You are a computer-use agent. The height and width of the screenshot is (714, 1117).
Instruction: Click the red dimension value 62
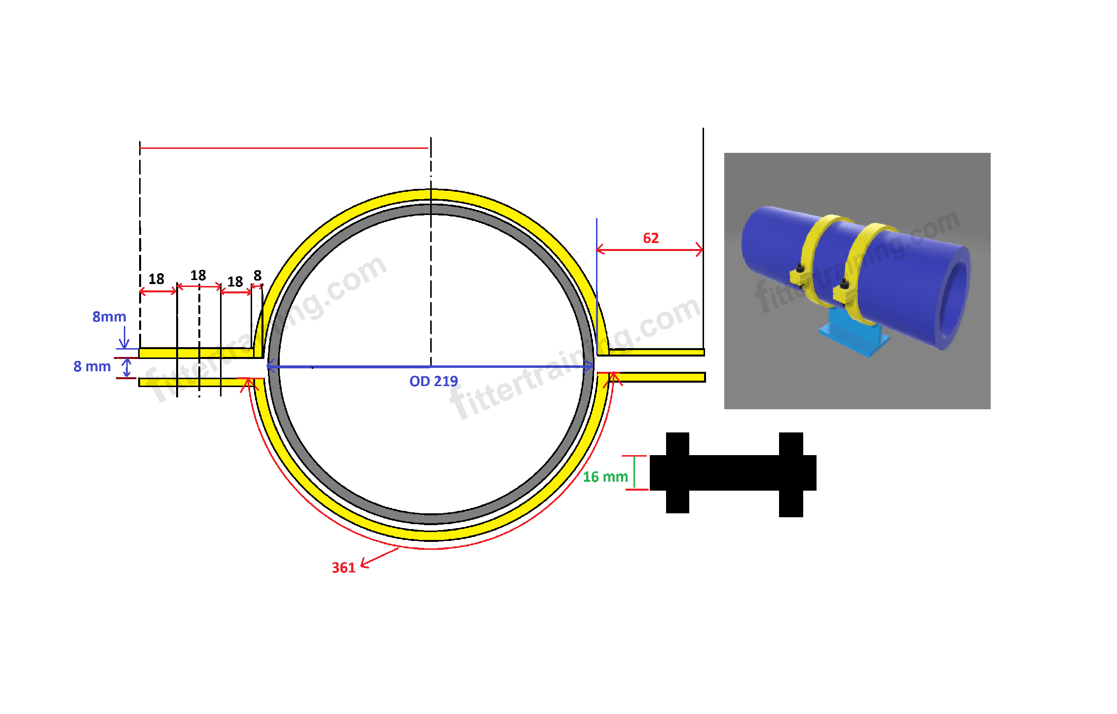650,238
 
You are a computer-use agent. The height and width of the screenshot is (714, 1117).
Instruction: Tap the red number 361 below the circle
343,568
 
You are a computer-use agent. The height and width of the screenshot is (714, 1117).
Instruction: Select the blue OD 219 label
433,381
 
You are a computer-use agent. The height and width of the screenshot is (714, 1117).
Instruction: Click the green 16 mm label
605,477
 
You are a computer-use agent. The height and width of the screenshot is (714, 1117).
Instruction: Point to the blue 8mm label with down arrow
110,317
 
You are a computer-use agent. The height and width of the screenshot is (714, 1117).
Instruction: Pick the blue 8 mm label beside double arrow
92,366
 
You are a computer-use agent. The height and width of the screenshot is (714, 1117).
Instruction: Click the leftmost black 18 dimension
156,279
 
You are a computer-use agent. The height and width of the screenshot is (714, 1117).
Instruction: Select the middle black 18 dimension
198,275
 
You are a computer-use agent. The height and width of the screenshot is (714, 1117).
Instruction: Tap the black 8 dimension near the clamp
258,275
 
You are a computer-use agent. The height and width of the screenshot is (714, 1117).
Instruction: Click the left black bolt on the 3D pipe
800,269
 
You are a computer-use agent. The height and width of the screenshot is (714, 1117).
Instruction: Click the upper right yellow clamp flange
656,352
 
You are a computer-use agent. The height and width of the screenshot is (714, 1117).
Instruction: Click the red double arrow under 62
649,250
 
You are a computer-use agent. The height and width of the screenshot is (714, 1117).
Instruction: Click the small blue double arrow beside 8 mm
127,367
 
